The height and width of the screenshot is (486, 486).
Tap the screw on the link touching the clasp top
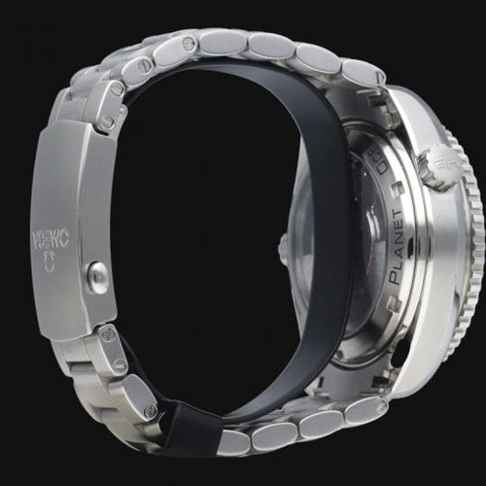[x=107, y=123]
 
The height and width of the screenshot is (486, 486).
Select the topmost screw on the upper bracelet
[x=187, y=43]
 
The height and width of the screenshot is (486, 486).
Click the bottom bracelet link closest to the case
[x=364, y=408]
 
